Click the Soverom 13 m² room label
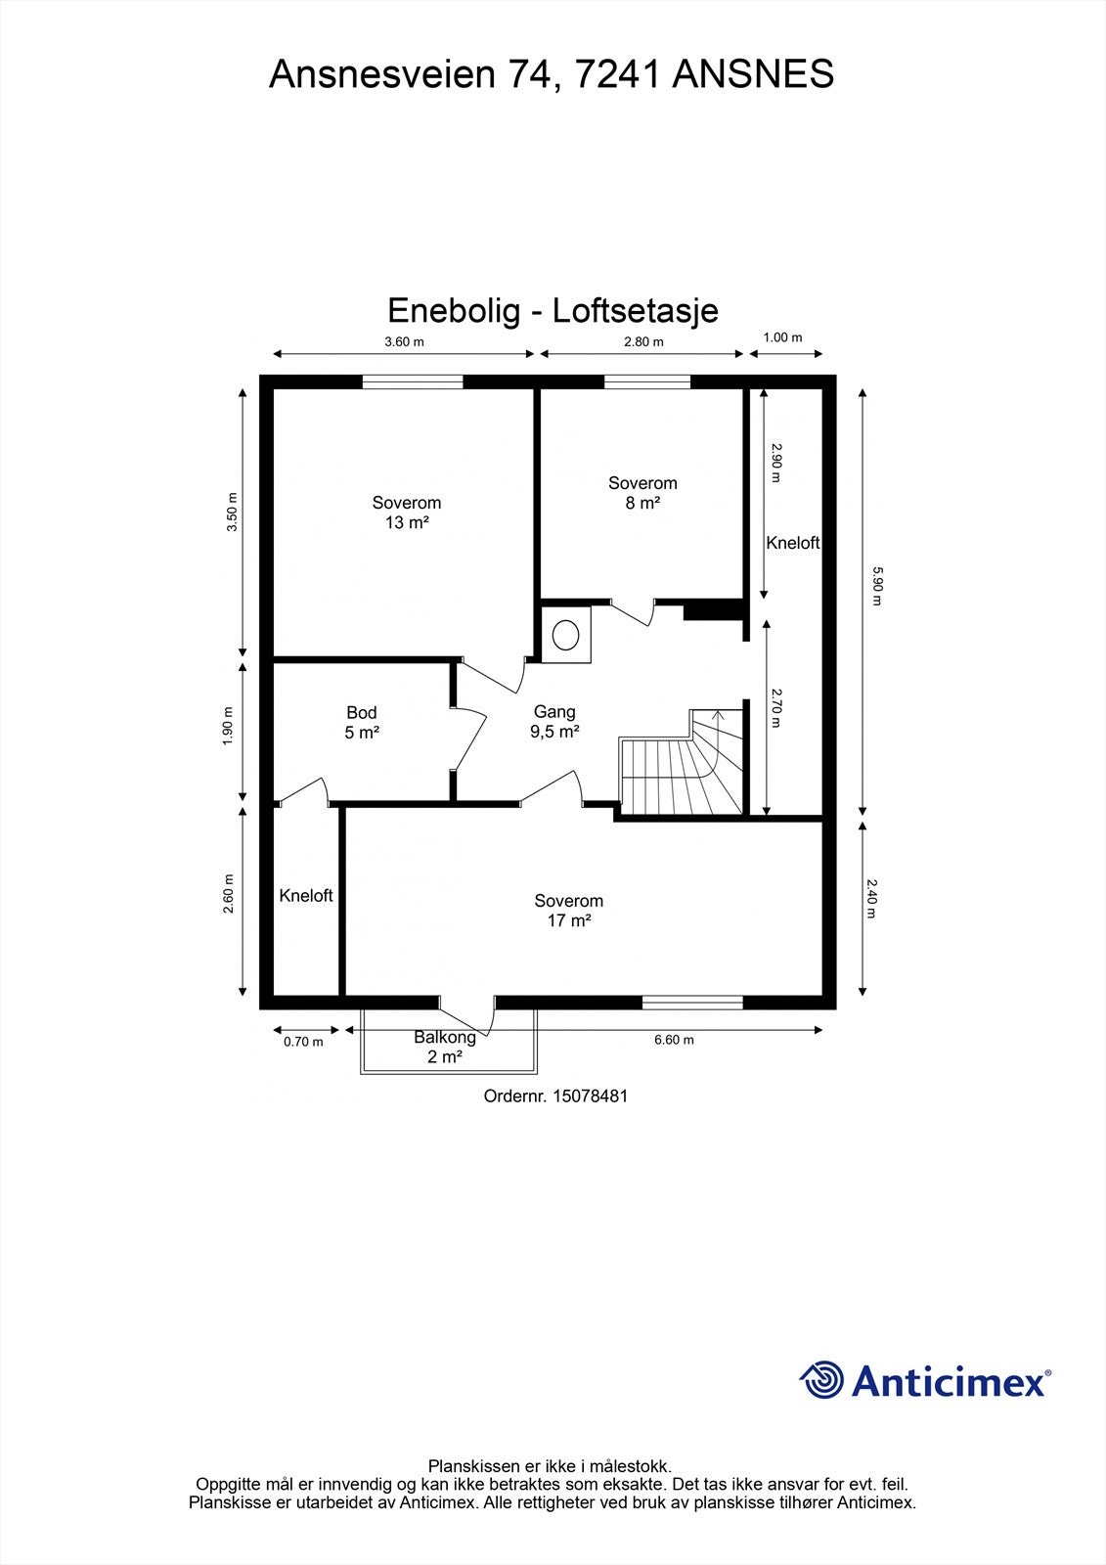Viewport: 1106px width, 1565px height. click(x=406, y=513)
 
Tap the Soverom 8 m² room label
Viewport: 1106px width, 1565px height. click(x=642, y=493)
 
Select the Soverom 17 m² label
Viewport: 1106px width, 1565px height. click(x=568, y=911)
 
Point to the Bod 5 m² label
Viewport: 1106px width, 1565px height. click(x=361, y=723)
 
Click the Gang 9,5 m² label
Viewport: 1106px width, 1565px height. click(x=554, y=722)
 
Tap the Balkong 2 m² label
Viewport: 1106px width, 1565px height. click(x=445, y=1047)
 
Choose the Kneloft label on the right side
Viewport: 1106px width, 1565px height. click(x=792, y=543)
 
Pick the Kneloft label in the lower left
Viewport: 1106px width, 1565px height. click(x=306, y=895)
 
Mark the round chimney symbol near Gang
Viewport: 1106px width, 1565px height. click(x=566, y=635)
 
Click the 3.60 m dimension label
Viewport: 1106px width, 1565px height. click(x=404, y=341)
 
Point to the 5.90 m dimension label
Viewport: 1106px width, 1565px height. click(x=876, y=587)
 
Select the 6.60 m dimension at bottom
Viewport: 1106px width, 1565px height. click(x=674, y=1040)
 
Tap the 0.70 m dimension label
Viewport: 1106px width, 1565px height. click(x=303, y=1042)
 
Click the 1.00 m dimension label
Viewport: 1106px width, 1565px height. click(x=782, y=337)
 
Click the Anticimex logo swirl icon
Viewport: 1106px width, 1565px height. click(x=821, y=1380)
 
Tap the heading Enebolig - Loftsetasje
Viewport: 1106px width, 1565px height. click(x=553, y=310)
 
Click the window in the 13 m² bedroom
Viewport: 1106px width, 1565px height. click(x=413, y=382)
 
